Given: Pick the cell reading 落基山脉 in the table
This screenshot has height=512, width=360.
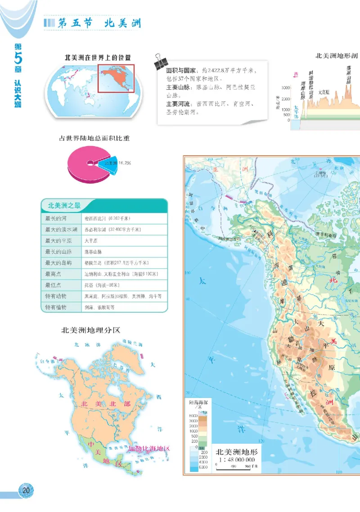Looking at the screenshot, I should tap(94, 252).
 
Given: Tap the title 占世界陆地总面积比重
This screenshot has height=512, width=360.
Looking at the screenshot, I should tap(94, 138).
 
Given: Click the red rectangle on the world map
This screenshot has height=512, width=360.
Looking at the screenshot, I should tap(117, 79).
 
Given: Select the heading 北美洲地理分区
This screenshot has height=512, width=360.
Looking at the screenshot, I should tap(91, 330).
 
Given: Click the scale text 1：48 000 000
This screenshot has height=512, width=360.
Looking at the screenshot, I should tap(235, 459).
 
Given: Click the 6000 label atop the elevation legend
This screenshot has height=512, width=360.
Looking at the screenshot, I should tap(193, 415).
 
